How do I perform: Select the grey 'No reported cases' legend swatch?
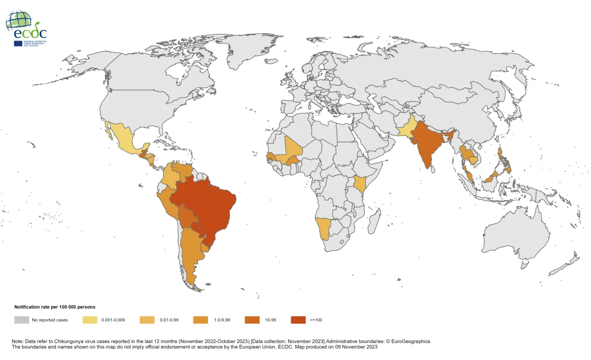pyautogui.click(x=21, y=320)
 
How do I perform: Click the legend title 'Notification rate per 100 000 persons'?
pyautogui.click(x=55, y=307)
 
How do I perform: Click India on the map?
pyautogui.click(x=427, y=146)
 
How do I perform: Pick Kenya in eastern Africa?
pyautogui.click(x=361, y=184)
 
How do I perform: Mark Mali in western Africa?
pyautogui.click(x=292, y=151)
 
